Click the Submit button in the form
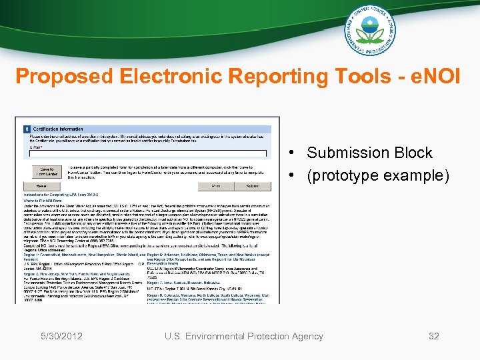252,186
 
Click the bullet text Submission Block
369,153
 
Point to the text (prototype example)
378,176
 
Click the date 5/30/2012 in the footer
61,336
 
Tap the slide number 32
434,336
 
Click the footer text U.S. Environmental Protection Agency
244,336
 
